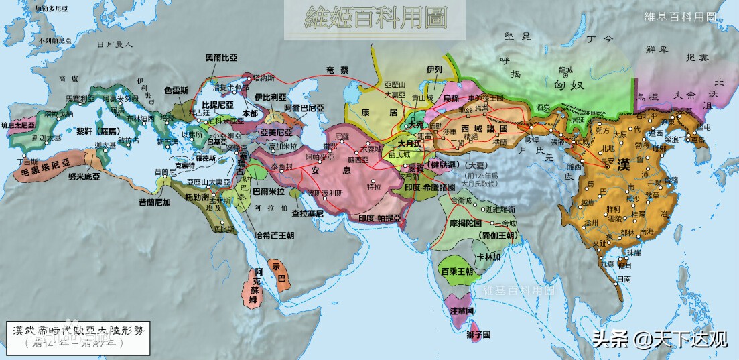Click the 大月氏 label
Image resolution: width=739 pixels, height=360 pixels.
point(409,143)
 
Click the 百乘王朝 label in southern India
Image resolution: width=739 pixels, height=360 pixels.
point(457,272)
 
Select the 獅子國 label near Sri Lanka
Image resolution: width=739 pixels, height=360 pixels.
point(478,334)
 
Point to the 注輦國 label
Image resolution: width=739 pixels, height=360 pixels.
point(463,311)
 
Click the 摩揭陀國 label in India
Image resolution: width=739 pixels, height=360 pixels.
point(466,222)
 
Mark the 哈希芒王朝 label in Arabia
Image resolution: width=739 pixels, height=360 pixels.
point(275,236)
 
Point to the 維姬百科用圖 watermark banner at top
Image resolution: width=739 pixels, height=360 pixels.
point(366,17)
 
